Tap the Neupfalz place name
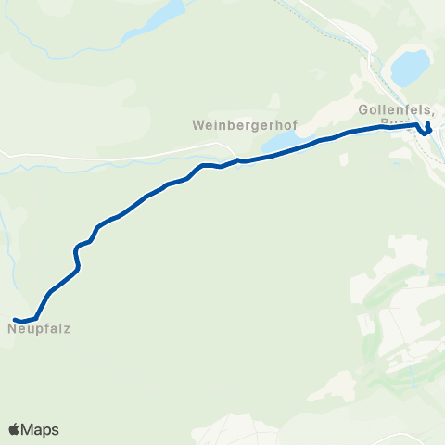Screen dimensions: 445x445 [x=40, y=328]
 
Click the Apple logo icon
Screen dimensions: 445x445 [x=14, y=429]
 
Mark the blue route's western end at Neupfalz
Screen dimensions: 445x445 [x=16, y=320]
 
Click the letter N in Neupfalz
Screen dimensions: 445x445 [x=13, y=328]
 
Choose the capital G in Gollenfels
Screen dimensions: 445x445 [x=362, y=109]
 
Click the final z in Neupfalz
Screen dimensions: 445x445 [x=68, y=328]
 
